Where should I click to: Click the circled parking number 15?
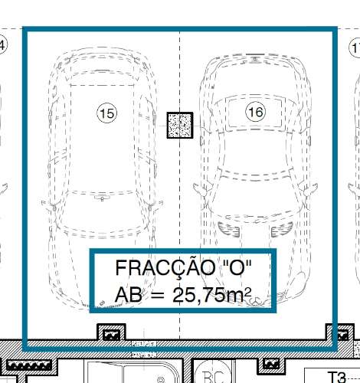coord(107,113)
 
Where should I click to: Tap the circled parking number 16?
coord(255,113)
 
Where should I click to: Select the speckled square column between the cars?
coord(180,125)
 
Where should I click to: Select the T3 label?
coord(337,376)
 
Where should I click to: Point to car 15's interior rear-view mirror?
coord(100,198)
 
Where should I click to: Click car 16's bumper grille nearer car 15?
coord(224,226)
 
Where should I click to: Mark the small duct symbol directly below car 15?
coord(111,334)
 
